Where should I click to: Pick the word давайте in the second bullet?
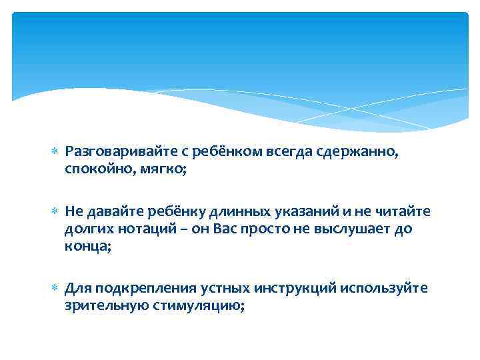click(x=110, y=211)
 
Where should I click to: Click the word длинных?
click(x=233, y=211)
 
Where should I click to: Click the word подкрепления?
click(x=137, y=288)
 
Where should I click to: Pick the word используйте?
click(x=384, y=288)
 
